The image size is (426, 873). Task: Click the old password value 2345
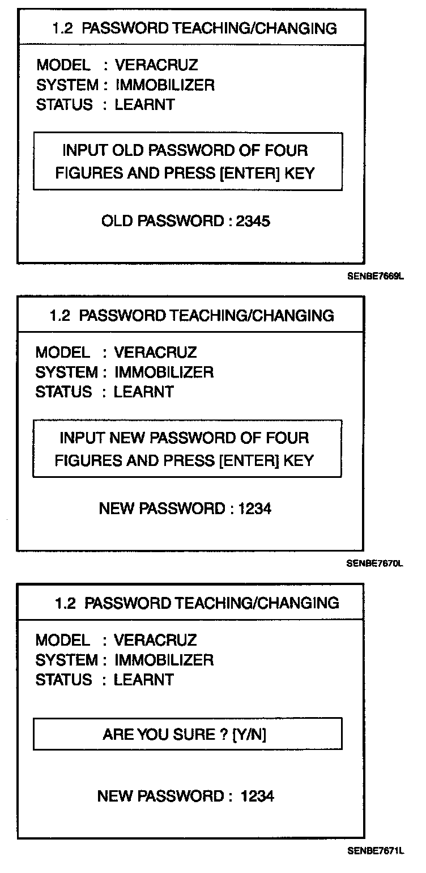point(254,221)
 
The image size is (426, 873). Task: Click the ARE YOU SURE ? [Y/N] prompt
point(185,735)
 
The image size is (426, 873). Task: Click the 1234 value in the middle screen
point(255,508)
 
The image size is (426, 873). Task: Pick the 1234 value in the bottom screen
point(258,796)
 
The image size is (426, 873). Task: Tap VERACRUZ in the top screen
point(156,65)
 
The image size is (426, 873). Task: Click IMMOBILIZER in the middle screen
point(164,372)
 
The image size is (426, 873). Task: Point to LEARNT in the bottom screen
point(144,680)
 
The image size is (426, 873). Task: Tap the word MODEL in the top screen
point(63,65)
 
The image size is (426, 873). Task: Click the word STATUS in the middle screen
point(63,392)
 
